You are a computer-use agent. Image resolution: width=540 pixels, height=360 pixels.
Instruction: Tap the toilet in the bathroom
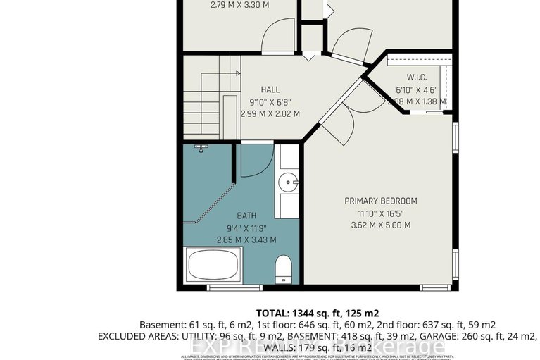tap(283, 268)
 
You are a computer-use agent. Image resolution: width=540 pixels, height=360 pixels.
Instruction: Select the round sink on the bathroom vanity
tap(289, 183)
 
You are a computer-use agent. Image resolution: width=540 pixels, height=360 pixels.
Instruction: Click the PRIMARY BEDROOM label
tap(377, 201)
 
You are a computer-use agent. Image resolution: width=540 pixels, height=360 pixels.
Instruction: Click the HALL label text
tap(270, 89)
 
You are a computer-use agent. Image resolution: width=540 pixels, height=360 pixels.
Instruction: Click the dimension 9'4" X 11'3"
tap(245, 228)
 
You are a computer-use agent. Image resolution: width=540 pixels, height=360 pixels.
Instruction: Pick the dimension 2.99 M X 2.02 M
tap(270, 113)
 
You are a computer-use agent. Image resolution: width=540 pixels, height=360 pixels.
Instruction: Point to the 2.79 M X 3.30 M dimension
tap(239, 6)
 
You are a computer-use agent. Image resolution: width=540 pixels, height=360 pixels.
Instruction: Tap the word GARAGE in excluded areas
tap(415, 336)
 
